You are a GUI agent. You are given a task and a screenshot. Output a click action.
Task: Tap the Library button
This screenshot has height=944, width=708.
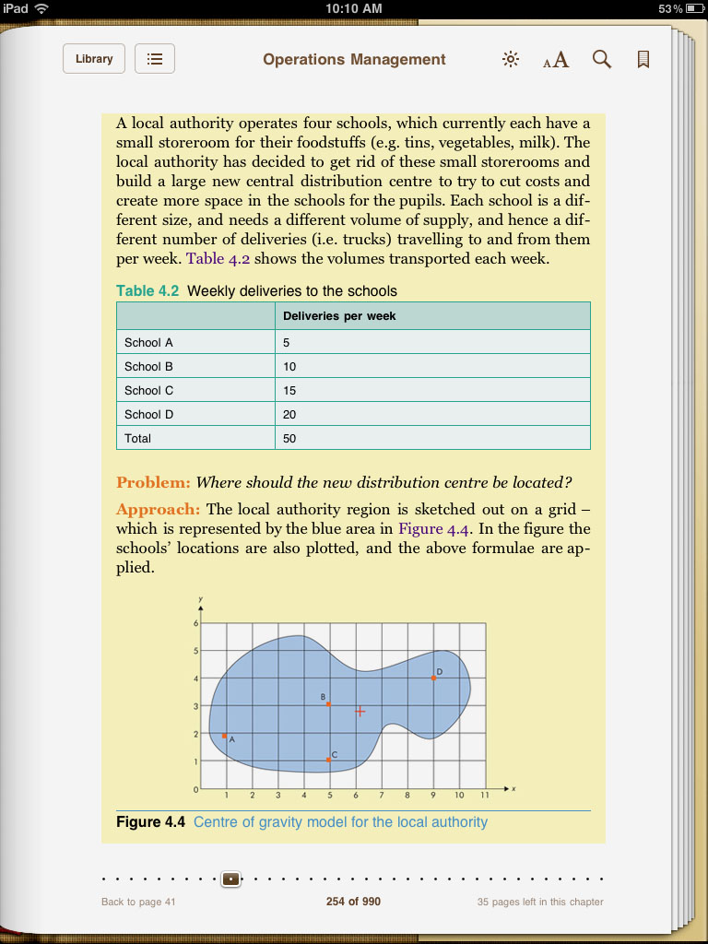coord(94,59)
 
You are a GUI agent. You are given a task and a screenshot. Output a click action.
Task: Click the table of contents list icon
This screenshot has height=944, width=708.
coord(155,59)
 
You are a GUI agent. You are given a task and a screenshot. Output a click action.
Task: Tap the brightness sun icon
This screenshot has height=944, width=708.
coord(511,60)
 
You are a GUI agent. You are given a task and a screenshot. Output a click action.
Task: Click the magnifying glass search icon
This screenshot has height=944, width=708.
coord(601,60)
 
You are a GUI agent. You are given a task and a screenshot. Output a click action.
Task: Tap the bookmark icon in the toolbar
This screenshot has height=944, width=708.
coord(643,60)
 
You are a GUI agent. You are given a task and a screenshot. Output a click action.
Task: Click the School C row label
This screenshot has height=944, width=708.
coord(149,390)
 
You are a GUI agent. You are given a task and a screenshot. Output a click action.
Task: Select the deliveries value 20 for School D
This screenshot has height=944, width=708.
coord(290,414)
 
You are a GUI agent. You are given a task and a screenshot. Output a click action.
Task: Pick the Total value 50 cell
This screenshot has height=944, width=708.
coord(290,438)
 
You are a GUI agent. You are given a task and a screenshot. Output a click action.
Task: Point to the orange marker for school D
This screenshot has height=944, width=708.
coord(433,678)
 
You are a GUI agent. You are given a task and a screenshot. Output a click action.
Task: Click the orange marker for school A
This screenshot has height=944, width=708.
coord(225,735)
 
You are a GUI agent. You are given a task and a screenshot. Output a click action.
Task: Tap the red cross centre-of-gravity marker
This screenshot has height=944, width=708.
coord(360,711)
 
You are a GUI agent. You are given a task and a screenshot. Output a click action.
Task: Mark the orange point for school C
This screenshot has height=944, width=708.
coord(328,759)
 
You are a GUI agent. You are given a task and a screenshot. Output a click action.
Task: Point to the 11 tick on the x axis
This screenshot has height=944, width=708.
coord(485,795)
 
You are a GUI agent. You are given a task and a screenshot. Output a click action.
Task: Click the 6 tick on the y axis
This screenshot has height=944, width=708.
coord(195,624)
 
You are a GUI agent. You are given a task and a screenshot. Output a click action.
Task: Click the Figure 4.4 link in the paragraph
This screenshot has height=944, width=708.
coord(433,529)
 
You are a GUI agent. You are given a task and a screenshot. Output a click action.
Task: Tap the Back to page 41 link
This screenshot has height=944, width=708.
coord(138,902)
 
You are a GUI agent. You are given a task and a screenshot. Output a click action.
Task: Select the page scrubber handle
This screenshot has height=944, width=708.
coord(230,879)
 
